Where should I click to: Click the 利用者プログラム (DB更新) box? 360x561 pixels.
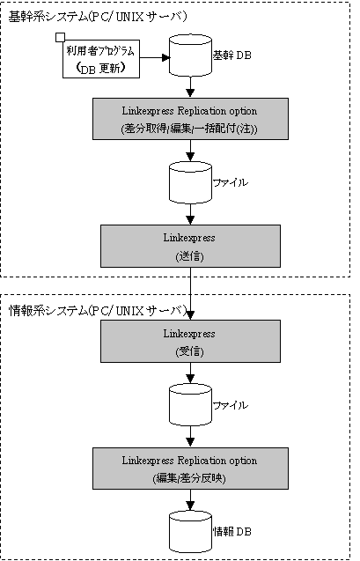101,59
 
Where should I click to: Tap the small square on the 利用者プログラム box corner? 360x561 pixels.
61,37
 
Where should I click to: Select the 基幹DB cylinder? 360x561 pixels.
190,55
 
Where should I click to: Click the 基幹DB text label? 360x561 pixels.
232,55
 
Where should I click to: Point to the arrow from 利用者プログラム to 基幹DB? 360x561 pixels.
154,57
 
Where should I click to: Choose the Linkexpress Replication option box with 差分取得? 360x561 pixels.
190,119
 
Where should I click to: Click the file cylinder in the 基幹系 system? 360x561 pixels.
190,182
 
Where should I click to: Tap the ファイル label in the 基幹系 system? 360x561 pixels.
231,182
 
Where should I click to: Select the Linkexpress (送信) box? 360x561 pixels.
190,247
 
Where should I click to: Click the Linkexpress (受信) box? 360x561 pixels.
190,342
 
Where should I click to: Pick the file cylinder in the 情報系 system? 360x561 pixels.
190,405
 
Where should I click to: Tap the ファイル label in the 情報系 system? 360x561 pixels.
231,405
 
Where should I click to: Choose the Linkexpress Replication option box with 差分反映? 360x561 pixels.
190,469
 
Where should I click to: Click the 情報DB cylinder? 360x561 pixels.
190,532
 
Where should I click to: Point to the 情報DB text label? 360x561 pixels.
232,532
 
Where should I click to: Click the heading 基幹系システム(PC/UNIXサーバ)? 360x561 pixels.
97,17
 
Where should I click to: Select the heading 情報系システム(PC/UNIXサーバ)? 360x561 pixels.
97,311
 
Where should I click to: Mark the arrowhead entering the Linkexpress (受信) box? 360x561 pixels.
190,315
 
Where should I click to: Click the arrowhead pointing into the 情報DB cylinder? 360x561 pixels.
190,506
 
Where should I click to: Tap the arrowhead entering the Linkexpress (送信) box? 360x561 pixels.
190,220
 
